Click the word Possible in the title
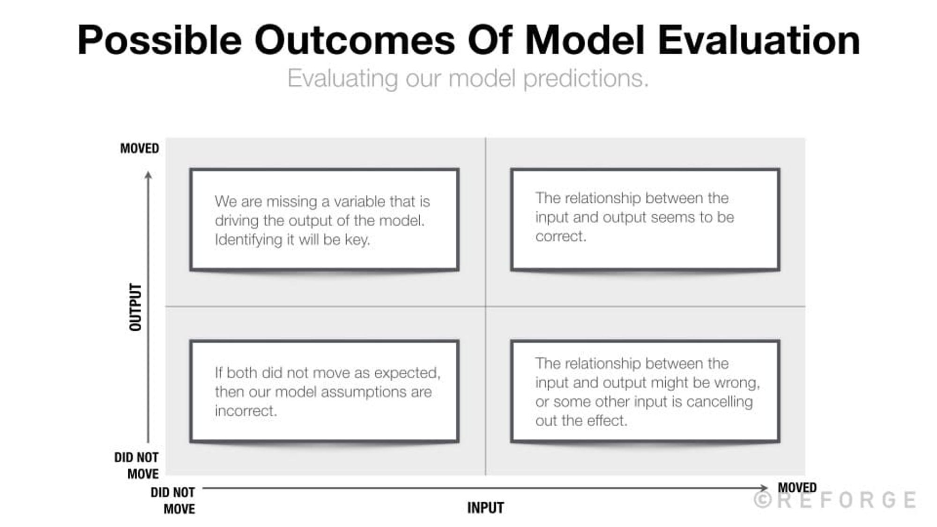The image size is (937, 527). pyautogui.click(x=159, y=40)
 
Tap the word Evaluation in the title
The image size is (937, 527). pyautogui.click(x=759, y=40)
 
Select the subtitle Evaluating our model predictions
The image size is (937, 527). pyautogui.click(x=468, y=78)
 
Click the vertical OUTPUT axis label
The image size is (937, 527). pyautogui.click(x=135, y=307)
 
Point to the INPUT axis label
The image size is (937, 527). pyautogui.click(x=485, y=508)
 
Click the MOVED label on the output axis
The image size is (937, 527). pyautogui.click(x=140, y=148)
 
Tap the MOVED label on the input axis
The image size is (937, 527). pyautogui.click(x=797, y=488)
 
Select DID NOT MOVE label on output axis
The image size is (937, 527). pyautogui.click(x=137, y=466)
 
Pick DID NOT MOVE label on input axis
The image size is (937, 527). pyautogui.click(x=173, y=500)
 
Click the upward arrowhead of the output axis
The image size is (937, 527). pyautogui.click(x=149, y=175)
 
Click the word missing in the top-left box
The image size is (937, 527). pyautogui.click(x=292, y=201)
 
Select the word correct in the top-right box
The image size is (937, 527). pyautogui.click(x=560, y=236)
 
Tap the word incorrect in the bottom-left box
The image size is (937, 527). pyautogui.click(x=245, y=411)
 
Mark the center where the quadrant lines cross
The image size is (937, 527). pyautogui.click(x=486, y=307)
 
